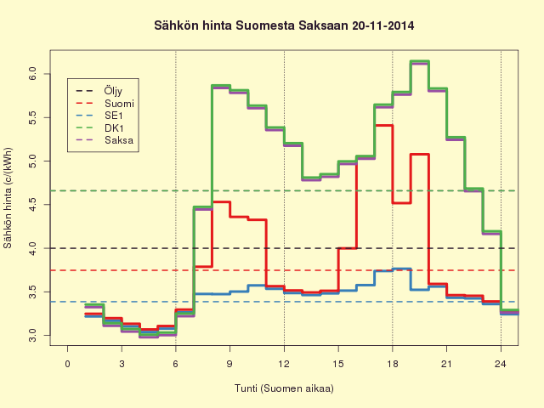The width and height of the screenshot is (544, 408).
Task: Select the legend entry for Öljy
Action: coord(99,91)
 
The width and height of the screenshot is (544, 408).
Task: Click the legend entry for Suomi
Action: coord(105,104)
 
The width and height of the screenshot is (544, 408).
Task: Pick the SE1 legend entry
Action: coord(99,116)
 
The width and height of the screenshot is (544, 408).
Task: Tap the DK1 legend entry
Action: coord(99,128)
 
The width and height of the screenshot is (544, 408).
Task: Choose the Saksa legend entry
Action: coord(105,140)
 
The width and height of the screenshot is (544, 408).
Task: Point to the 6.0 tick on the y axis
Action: coord(32,74)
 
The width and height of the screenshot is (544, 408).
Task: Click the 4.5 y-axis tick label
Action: coord(32,205)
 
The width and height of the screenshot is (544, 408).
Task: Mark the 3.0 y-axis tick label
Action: coord(32,336)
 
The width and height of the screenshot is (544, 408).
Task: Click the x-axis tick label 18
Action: coord(393,364)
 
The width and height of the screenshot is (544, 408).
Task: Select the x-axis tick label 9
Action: coord(229,364)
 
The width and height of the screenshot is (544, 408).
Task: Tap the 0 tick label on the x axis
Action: coord(68,364)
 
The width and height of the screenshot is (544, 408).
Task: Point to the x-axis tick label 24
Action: coord(501,364)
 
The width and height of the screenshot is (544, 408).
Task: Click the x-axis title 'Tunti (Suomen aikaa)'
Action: coord(284,388)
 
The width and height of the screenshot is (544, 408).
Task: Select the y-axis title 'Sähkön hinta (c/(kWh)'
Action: coord(8,198)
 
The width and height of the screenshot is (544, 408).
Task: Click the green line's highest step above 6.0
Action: coord(420,61)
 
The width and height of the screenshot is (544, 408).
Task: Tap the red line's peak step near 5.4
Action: coord(383,126)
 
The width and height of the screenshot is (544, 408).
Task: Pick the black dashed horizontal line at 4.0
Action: coord(284,248)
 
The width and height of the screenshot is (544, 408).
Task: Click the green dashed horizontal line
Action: coord(284,190)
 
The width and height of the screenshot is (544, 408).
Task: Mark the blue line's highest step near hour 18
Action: coord(402,269)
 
